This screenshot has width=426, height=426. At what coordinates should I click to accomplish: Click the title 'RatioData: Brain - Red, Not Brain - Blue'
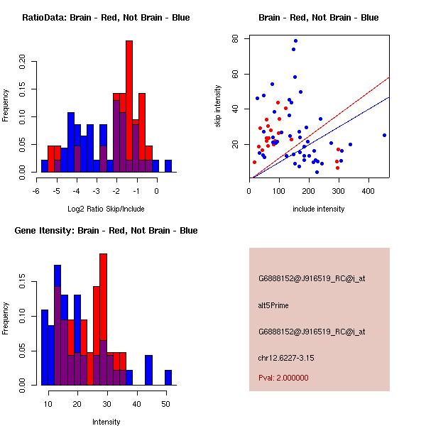(105, 17)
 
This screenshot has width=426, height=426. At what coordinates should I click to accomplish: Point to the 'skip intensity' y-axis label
(218, 106)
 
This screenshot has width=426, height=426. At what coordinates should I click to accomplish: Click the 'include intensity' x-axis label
(319, 209)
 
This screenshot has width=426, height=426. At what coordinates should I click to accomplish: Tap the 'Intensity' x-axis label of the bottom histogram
(106, 422)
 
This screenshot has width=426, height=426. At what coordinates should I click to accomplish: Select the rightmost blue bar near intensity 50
(168, 377)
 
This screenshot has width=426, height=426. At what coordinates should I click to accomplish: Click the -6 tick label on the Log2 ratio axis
(36, 192)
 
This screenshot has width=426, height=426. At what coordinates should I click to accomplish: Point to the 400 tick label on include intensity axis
(368, 192)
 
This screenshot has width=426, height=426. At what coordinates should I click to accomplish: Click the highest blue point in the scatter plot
(295, 41)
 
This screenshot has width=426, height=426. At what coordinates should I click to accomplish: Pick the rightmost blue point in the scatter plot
(384, 135)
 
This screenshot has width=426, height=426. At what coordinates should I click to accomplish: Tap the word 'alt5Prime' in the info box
(273, 305)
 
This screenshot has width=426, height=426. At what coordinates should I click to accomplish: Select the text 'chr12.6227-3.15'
(285, 357)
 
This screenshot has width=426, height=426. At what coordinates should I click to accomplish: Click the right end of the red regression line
(389, 77)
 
